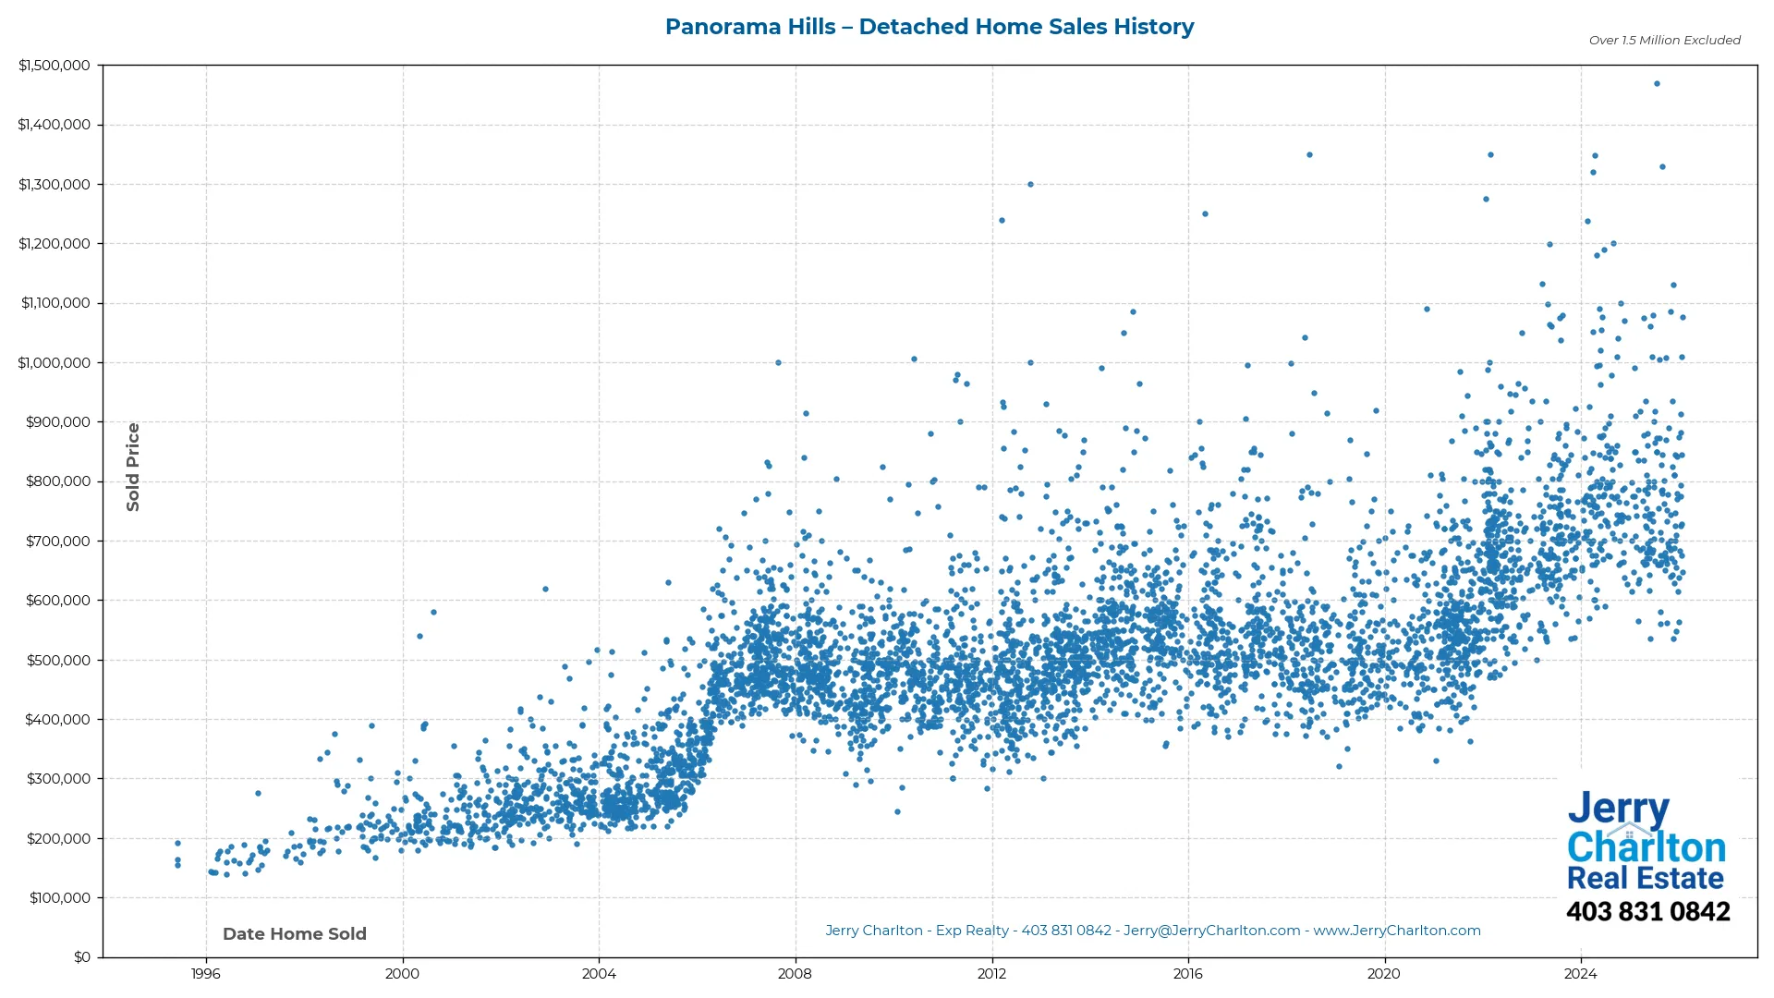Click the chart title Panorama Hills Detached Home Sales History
[x=929, y=27]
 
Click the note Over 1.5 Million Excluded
[x=1664, y=41]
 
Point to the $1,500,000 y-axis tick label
[x=54, y=66]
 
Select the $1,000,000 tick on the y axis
[x=54, y=363]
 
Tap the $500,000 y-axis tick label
[x=57, y=661]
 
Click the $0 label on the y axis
[x=82, y=957]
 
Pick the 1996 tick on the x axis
[x=205, y=974]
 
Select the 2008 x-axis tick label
[x=795, y=974]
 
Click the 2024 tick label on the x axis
[x=1580, y=974]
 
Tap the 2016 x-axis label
[x=1187, y=974]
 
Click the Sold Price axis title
[x=133, y=467]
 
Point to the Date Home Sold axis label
[x=295, y=934]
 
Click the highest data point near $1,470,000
[x=1657, y=84]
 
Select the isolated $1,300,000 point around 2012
[x=1030, y=185]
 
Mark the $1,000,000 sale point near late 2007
[x=778, y=363]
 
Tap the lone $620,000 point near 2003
[x=545, y=590]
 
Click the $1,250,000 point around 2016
[x=1205, y=214]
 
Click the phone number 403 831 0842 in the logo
[x=1647, y=912]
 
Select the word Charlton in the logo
[x=1646, y=847]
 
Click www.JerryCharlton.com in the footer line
[x=1396, y=931]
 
